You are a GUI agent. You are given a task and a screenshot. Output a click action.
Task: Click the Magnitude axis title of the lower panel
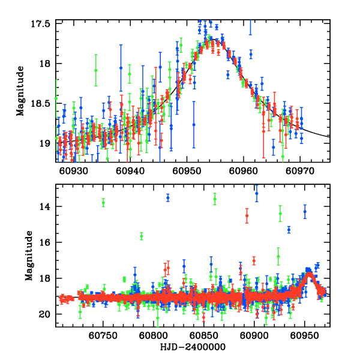pos(28,257)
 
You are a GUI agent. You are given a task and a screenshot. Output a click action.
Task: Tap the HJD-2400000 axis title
pos(193,347)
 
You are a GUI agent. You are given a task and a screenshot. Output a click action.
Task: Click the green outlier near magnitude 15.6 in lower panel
pos(142,236)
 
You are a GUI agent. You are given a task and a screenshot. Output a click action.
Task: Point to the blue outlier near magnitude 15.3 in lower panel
pos(289,230)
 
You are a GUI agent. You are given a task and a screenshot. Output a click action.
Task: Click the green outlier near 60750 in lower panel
pos(103,203)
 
